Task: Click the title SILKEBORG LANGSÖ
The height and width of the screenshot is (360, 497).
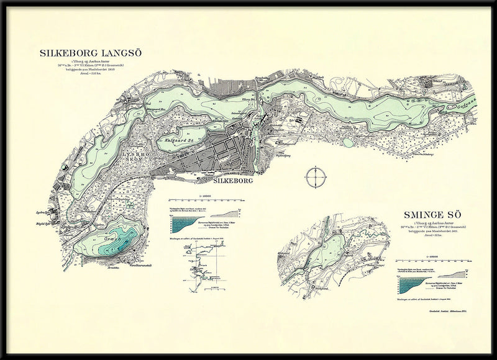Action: tap(91, 53)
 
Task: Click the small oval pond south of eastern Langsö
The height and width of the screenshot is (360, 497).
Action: tap(348, 142)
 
